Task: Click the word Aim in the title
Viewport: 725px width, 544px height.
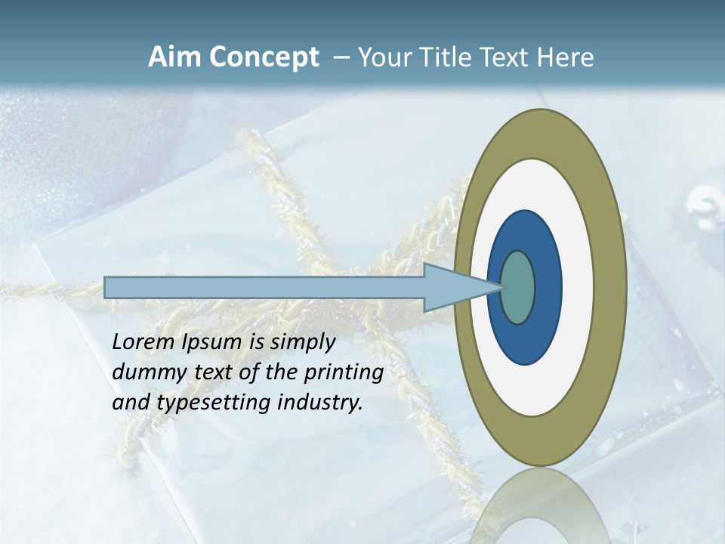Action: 174,57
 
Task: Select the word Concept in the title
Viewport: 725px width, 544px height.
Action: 264,58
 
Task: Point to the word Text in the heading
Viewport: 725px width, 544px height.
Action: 507,57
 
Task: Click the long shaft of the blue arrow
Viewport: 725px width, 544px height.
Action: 264,287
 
